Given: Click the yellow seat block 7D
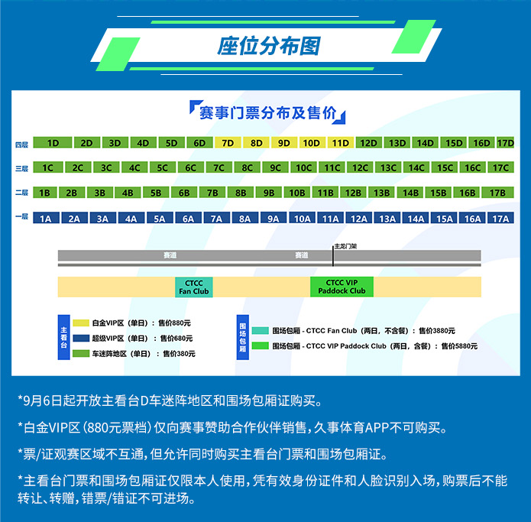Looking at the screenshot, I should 228,143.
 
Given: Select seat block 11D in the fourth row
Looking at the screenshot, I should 340,143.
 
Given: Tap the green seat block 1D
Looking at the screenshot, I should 53,143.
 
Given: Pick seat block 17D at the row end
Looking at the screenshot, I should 506,143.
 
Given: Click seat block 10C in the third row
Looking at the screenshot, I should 304,168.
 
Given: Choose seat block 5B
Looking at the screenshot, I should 156,193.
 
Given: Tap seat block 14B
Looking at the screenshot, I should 411,193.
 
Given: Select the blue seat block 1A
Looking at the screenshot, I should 46,219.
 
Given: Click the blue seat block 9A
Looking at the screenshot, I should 273,219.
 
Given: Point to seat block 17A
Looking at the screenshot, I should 500,219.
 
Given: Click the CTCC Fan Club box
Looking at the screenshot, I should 194,287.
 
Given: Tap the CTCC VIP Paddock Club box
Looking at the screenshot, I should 342,287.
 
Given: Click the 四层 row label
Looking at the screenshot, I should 21,144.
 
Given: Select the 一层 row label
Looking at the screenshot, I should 21,217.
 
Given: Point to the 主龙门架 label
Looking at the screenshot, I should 345,247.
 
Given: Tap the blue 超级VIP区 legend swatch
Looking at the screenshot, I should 81,338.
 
